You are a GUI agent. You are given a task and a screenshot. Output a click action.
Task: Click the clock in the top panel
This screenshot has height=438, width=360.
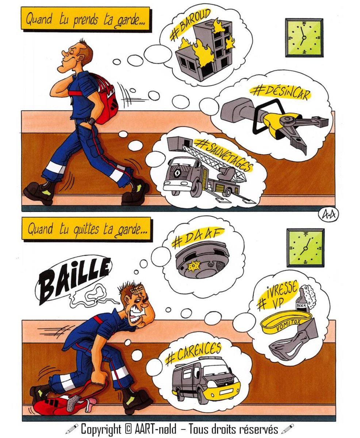[304, 38]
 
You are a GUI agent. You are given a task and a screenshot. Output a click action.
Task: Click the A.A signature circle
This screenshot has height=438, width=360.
[329, 215]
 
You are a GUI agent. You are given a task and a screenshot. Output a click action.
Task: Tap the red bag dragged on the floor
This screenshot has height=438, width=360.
[62, 401]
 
